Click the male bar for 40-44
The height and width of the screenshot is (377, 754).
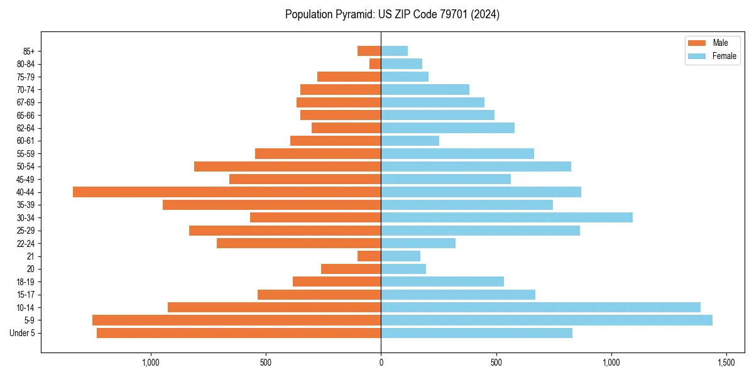[x=227, y=192]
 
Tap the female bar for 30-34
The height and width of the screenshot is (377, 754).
[x=506, y=217]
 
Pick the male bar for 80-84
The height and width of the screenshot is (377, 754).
[x=375, y=63]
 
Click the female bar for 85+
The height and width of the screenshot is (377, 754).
[x=394, y=51]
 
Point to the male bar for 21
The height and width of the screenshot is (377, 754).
[x=369, y=256]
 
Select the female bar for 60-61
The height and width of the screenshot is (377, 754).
[x=410, y=141]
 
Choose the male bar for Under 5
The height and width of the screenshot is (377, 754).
[x=239, y=333]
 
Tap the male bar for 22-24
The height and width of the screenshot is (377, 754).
[x=298, y=243]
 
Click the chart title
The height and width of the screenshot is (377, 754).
[x=392, y=14]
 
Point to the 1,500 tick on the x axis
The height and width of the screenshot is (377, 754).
[x=726, y=363]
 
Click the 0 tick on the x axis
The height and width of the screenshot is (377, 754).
[x=381, y=363]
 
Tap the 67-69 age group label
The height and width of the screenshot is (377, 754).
[x=25, y=102]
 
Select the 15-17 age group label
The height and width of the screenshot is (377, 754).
[x=25, y=295]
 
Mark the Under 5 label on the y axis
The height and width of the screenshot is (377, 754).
[x=23, y=333]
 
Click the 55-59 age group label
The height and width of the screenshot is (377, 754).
[x=25, y=153]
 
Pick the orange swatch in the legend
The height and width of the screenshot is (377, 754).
[x=697, y=43]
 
